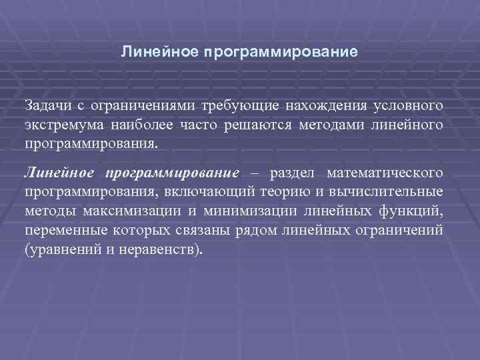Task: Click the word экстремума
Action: point(59,125)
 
